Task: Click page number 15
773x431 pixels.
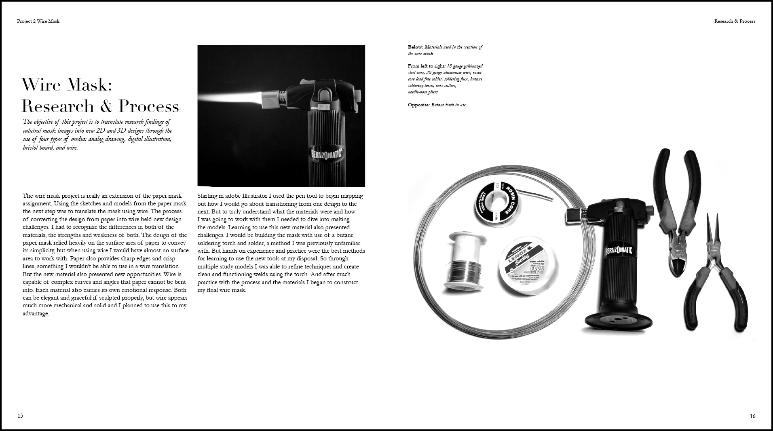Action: pos(20,416)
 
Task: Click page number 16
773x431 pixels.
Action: pos(752,416)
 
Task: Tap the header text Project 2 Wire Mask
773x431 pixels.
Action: pos(38,21)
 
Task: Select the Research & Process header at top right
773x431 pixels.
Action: pos(735,21)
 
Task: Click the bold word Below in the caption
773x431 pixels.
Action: pos(415,47)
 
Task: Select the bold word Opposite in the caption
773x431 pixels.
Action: pos(418,105)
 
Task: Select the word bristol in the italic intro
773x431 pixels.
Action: pos(31,148)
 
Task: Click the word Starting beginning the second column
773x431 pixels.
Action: pos(207,196)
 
